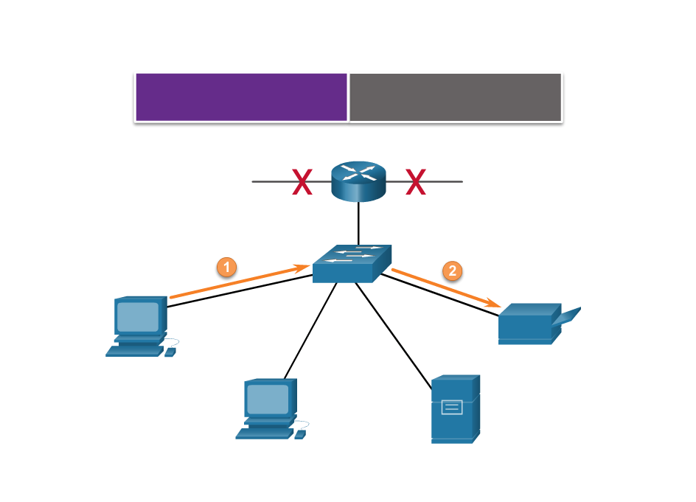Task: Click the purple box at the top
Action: point(241,97)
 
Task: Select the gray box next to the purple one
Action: point(455,97)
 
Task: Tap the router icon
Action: point(358,181)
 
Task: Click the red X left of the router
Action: point(302,181)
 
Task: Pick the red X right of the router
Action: point(416,181)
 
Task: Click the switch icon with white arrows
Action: point(352,264)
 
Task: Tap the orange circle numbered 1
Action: point(226,267)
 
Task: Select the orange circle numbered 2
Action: point(452,271)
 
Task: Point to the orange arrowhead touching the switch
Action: point(302,268)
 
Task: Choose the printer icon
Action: point(529,324)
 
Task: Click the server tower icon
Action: point(455,409)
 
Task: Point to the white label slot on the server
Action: point(452,406)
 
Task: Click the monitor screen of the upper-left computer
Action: point(138,317)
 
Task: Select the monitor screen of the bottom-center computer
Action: point(268,400)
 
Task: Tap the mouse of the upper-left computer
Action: point(170,352)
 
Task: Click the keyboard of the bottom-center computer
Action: point(263,434)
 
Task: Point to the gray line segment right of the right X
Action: point(445,181)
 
